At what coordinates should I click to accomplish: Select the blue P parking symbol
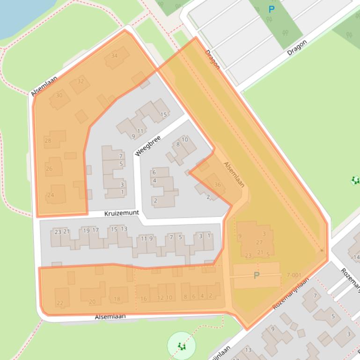tap(272, 9)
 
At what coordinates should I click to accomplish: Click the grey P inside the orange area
tap(256, 275)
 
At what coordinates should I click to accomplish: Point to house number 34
tap(114, 56)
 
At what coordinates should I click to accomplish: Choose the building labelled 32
tap(81, 81)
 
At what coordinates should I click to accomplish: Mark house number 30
tap(59, 95)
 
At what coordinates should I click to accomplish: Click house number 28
tap(48, 140)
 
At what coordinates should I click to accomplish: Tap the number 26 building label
tap(49, 169)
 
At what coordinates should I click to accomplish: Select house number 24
tap(51, 195)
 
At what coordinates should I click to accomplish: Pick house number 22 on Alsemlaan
tap(60, 303)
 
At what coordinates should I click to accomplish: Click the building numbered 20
tap(92, 302)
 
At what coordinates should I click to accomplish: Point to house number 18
tap(117, 299)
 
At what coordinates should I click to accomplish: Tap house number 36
tap(217, 185)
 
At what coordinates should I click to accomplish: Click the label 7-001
tap(294, 275)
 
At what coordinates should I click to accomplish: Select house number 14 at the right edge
tap(356, 257)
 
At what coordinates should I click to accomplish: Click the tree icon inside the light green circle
tap(181, 346)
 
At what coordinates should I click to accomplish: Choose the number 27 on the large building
tap(259, 242)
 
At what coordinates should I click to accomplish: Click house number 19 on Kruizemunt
tap(86, 230)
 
